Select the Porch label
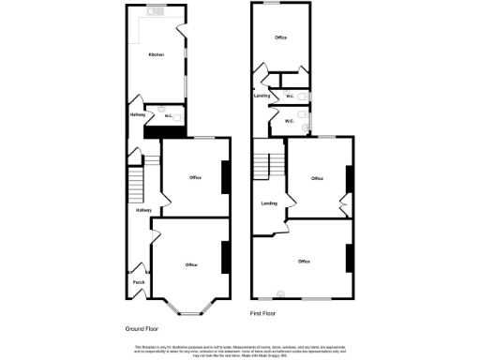coord(138,281)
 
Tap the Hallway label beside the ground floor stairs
coord(143,210)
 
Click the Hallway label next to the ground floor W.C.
coord(136,115)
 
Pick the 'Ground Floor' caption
coord(142,329)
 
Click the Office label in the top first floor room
coord(279,37)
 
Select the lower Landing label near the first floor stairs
coord(269,202)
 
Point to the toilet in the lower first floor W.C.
coord(306,119)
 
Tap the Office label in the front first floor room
coord(303,261)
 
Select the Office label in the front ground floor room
coord(191,265)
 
